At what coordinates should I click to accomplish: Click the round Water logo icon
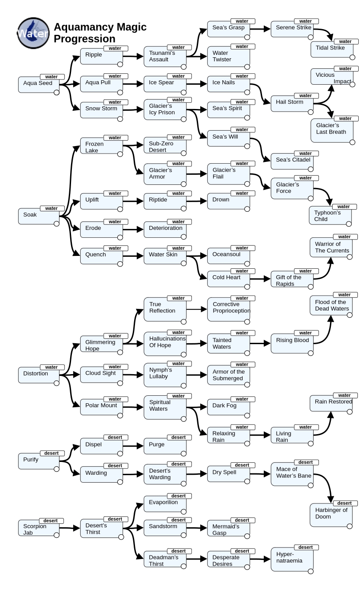pyautogui.click(x=34, y=33)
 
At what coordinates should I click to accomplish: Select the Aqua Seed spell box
pyautogui.click(x=39, y=85)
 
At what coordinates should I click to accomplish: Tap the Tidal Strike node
pyautogui.click(x=332, y=49)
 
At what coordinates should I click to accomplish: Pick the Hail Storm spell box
pyautogui.click(x=292, y=104)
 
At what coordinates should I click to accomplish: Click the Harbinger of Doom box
pyautogui.click(x=331, y=515)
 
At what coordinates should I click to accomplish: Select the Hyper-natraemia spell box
pyautogui.click(x=292, y=559)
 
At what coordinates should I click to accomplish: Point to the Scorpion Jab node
pyautogui.click(x=39, y=528)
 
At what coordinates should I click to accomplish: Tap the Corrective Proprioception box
pyautogui.click(x=229, y=310)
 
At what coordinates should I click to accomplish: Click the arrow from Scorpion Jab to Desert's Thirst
pyautogui.click(x=70, y=528)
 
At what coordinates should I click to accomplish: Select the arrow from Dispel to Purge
pyautogui.click(x=133, y=446)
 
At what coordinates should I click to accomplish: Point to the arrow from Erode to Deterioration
pyautogui.click(x=133, y=229)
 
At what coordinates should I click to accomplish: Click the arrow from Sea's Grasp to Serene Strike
pyautogui.click(x=260, y=29)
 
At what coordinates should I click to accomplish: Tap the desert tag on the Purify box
pyautogui.click(x=52, y=453)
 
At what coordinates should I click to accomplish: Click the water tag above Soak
pyautogui.click(x=52, y=208)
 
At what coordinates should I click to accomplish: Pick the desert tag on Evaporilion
pyautogui.click(x=179, y=496)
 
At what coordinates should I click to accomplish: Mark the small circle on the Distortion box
pyautogui.click(x=56, y=383)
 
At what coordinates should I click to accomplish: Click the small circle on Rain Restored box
pyautogui.click(x=350, y=412)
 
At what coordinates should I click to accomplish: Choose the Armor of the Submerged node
pyautogui.click(x=229, y=375)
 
